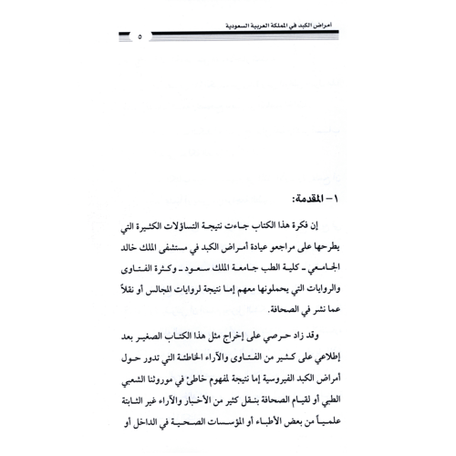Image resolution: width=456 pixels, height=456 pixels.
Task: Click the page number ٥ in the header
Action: [x=139, y=37]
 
